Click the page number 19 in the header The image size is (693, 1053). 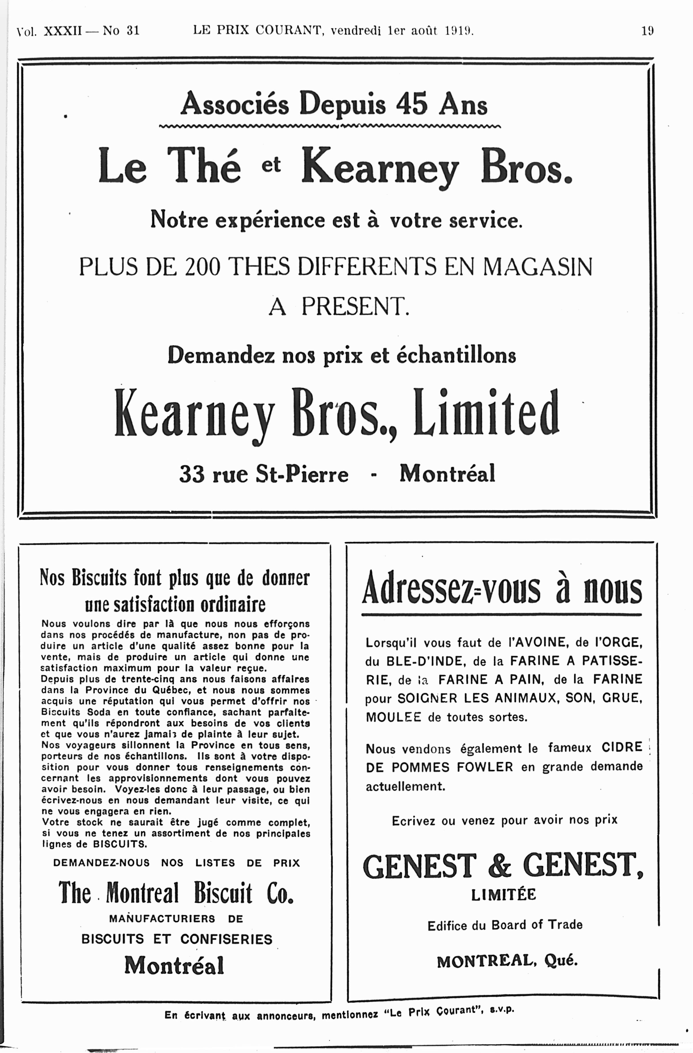647,31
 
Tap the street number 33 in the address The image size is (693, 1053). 192,474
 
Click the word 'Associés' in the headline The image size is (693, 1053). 235,104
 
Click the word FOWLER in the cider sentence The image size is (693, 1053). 485,767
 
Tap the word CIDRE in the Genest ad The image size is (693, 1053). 621,747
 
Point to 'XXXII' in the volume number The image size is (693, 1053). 63,31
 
